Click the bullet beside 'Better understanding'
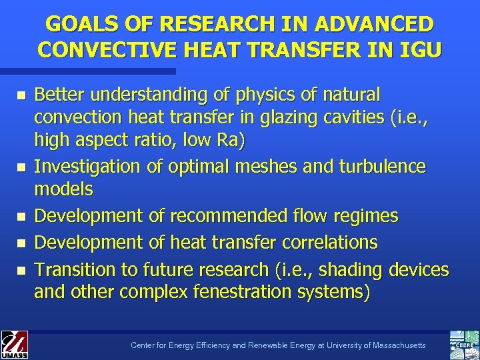click(x=21, y=96)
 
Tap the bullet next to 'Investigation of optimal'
click(x=21, y=167)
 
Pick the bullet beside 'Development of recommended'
click(x=21, y=217)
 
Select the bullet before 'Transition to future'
click(x=21, y=271)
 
